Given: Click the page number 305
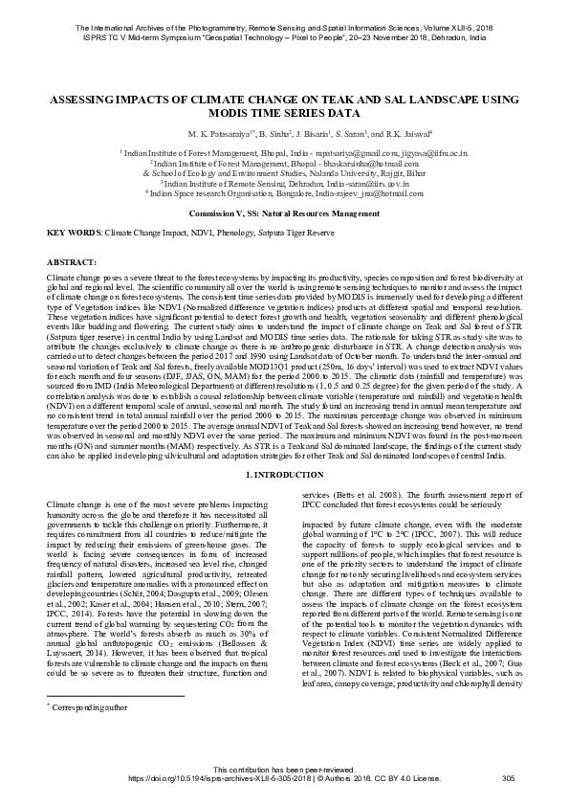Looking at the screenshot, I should point(509,779).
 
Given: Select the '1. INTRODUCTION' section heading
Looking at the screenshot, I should point(284,476).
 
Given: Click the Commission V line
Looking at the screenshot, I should point(284,213).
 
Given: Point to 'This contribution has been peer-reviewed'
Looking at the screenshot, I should point(284,770).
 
